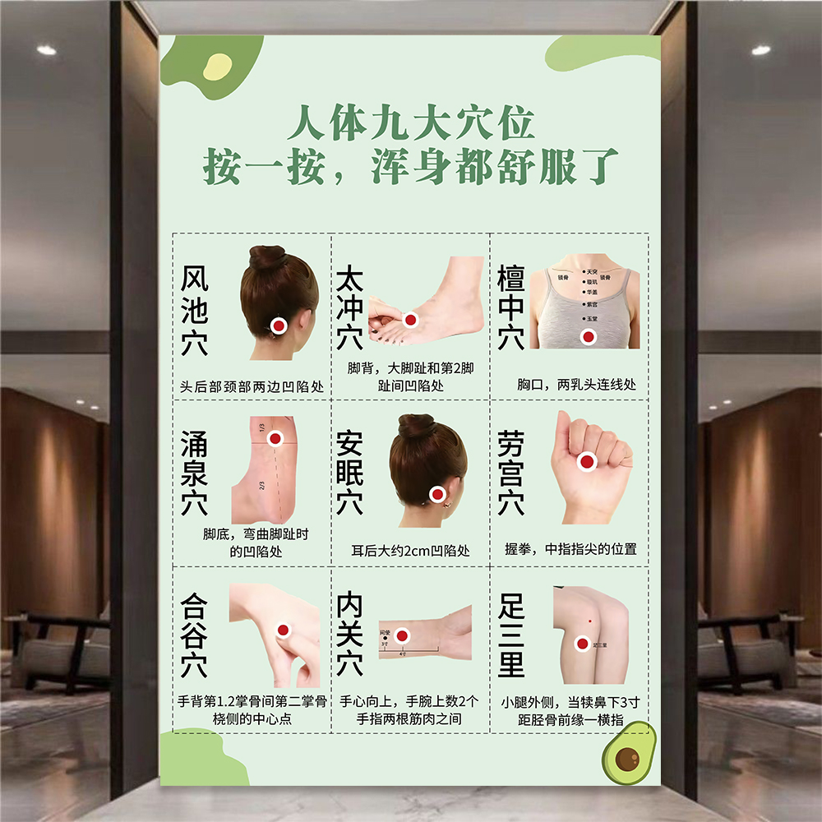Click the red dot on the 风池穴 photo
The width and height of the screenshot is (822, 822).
pos(279,326)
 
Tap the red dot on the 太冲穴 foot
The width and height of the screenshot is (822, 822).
pos(410,320)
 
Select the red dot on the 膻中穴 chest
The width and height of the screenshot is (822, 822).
pos(588,335)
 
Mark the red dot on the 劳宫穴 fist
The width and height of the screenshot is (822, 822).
pos(587,462)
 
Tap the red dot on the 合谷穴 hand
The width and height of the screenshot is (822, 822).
pos(284,630)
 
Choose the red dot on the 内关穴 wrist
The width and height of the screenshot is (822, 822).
pos(402,635)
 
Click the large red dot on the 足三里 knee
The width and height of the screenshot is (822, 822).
pos(582,644)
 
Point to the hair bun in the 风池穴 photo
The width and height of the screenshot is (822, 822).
pos(268,258)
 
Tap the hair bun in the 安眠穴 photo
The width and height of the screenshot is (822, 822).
pos(416,427)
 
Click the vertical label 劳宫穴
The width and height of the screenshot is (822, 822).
pos(510,476)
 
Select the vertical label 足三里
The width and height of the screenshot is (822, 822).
pos(510,637)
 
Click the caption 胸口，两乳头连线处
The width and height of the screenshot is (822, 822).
pos(576,384)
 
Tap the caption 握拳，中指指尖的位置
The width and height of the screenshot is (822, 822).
pos(570,548)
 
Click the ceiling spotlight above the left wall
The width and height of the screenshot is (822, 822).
pos(47,50)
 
